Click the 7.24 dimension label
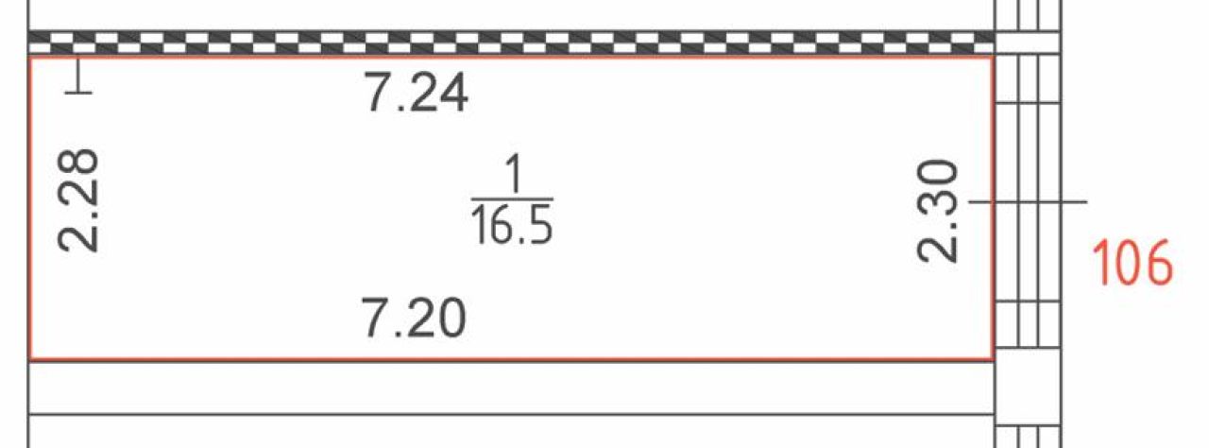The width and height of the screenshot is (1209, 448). pyautogui.click(x=417, y=93)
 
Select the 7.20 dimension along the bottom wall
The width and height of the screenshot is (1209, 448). pyautogui.click(x=414, y=318)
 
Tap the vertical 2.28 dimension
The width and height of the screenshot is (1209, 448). pyautogui.click(x=78, y=200)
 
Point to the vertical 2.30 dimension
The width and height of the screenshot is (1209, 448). pyautogui.click(x=938, y=211)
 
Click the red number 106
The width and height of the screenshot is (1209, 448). pyautogui.click(x=1132, y=263)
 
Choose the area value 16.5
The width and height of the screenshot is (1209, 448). pyautogui.click(x=512, y=226)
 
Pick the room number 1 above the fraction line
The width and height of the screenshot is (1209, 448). pyautogui.click(x=513, y=173)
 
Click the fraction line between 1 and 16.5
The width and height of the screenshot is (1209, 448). pyautogui.click(x=512, y=199)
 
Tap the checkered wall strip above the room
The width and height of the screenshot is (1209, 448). pyautogui.click(x=511, y=43)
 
